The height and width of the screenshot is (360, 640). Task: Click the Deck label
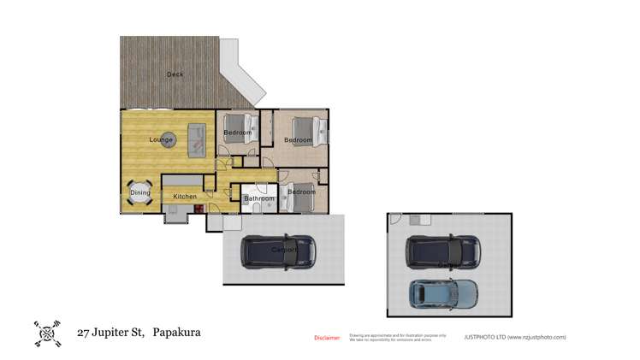click(x=175, y=74)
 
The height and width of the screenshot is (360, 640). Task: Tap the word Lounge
click(x=161, y=139)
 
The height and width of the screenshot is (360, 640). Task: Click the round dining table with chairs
click(x=141, y=192)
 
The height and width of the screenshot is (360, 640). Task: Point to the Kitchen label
click(x=185, y=197)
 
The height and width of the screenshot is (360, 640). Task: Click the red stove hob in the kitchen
click(x=198, y=206)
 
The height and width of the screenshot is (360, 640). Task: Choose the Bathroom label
click(x=259, y=199)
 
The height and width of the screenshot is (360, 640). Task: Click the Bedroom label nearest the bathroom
click(x=301, y=192)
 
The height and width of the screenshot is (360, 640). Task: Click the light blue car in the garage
click(x=444, y=294)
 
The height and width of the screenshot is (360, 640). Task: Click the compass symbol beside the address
click(x=47, y=333)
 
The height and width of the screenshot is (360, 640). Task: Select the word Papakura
click(x=176, y=332)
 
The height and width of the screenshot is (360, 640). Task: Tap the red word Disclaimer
click(x=327, y=338)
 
